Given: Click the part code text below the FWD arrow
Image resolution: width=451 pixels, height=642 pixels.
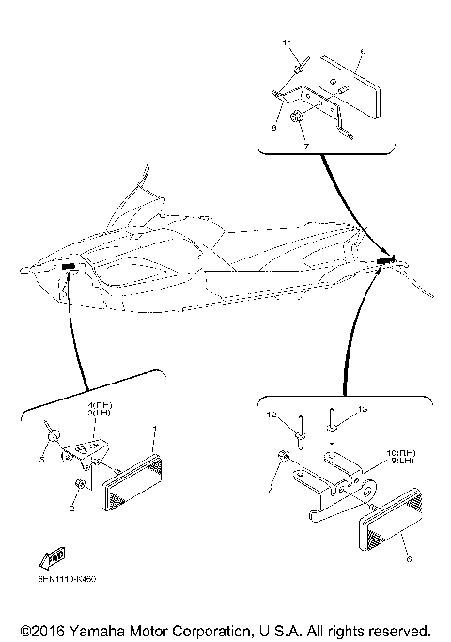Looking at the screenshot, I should (69, 579).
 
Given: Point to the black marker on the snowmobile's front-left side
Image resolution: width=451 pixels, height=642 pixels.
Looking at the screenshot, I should (70, 267).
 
